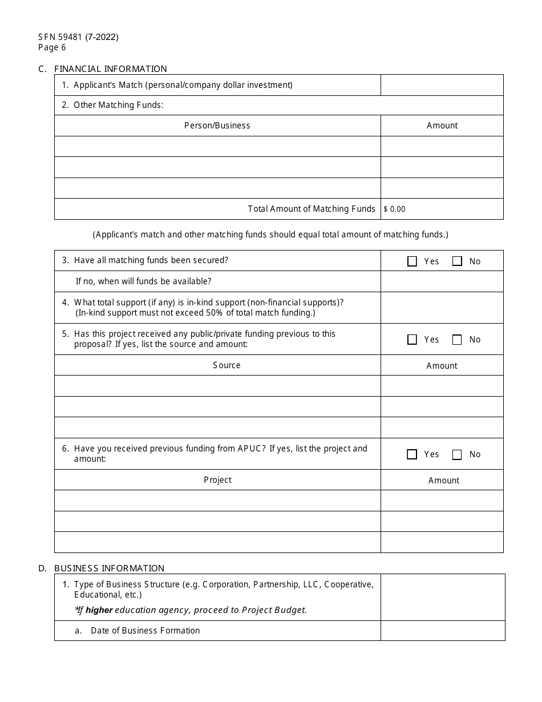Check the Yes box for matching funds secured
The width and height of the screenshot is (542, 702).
tap(412, 261)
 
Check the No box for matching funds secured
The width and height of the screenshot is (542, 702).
tap(457, 261)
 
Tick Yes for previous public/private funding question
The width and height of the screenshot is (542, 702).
tap(412, 340)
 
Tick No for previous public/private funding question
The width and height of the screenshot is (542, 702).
tap(457, 340)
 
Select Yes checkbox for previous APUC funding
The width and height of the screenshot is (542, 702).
tap(412, 454)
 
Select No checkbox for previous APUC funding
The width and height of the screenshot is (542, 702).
tap(457, 454)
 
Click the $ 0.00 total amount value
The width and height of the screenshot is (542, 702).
tap(395, 209)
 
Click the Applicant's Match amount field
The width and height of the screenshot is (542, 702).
tap(442, 85)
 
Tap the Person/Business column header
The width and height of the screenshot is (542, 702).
tap(217, 126)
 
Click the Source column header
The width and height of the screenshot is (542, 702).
tap(226, 365)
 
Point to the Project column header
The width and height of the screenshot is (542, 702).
tap(218, 480)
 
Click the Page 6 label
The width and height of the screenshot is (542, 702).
tap(52, 48)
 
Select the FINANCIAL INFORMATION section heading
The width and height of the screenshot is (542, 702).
tap(111, 69)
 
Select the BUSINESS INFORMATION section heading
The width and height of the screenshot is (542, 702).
tap(109, 568)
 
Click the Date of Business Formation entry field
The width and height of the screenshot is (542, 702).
tap(443, 631)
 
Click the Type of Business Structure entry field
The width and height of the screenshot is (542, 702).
tap(443, 597)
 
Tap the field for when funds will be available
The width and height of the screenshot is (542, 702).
tap(442, 281)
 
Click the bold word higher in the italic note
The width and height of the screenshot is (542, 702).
tap(99, 610)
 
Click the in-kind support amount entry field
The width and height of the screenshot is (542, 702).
tap(442, 308)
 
